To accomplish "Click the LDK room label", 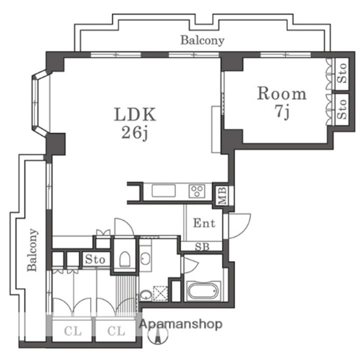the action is (x=135, y=114).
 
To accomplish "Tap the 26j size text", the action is (x=134, y=133).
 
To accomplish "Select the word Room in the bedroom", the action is (x=281, y=93).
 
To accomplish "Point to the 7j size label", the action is (x=282, y=112).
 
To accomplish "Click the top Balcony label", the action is (x=202, y=40).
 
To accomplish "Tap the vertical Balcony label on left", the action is (x=32, y=250).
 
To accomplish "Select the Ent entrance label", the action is (x=204, y=223).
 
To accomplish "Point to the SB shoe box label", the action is (x=202, y=247).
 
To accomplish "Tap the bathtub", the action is (x=202, y=291).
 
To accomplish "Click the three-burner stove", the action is (x=197, y=191).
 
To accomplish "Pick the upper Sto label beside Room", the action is (x=342, y=73).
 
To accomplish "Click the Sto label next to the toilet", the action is (x=95, y=259).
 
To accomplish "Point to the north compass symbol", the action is (x=157, y=335).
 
